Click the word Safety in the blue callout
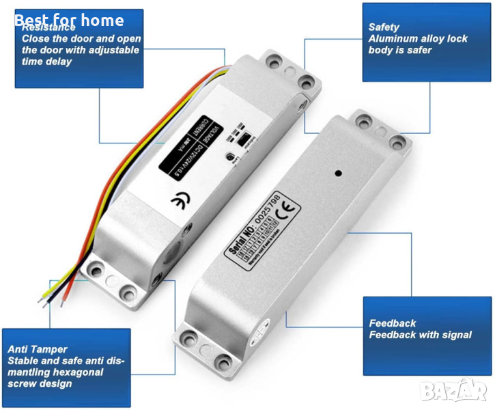[384, 27]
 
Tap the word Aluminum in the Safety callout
[393, 39]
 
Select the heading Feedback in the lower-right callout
[393, 323]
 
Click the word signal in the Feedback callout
[455, 335]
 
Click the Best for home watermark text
[68, 20]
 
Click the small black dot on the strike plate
[338, 174]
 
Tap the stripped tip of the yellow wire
[42, 299]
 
